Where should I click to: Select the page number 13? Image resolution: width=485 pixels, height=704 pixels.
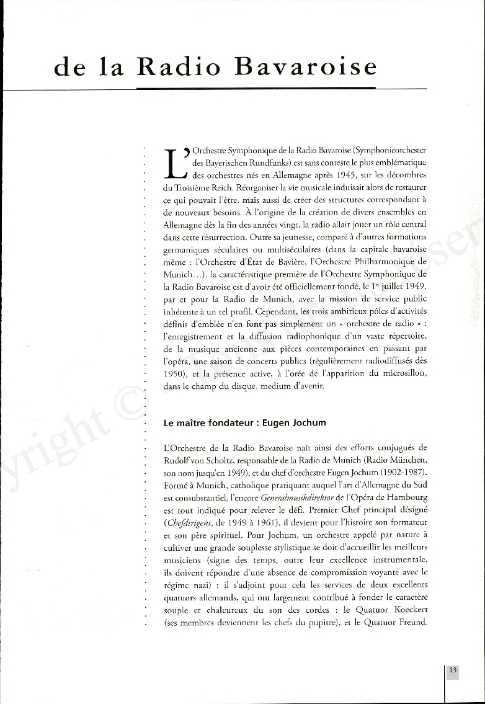[453, 671]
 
